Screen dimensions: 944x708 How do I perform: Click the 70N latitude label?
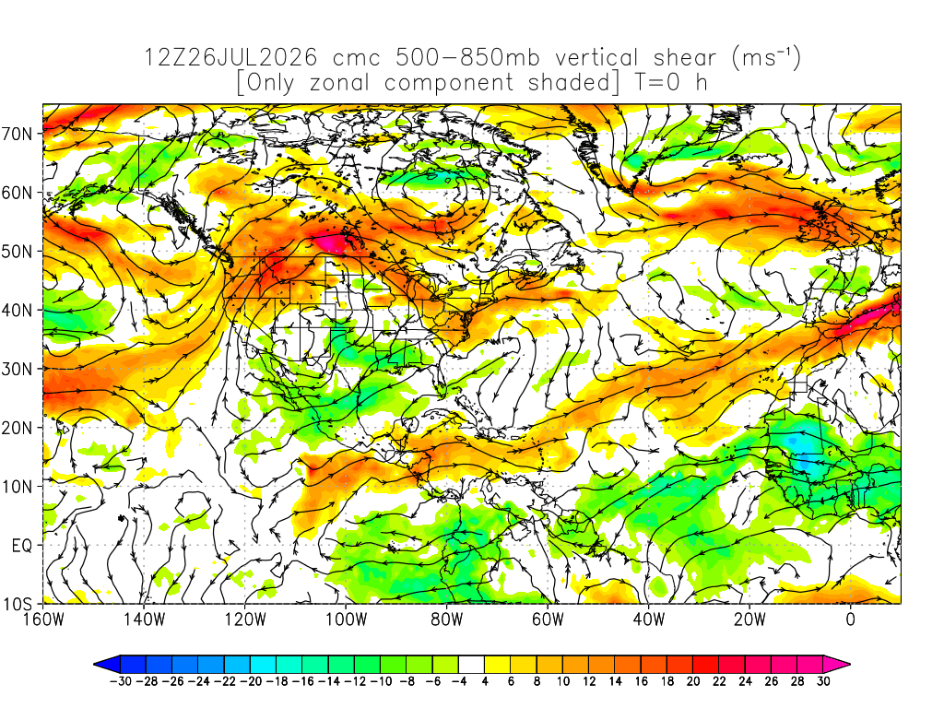pyautogui.click(x=17, y=134)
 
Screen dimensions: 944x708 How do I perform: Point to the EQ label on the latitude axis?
pyautogui.click(x=22, y=546)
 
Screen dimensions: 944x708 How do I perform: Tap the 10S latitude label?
pyautogui.click(x=17, y=604)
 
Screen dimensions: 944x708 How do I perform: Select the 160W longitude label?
pyautogui.click(x=43, y=619)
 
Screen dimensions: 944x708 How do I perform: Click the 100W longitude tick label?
pyautogui.click(x=347, y=619)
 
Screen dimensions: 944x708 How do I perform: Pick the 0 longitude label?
pyautogui.click(x=851, y=619)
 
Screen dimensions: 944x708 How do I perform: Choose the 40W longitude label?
pyautogui.click(x=649, y=619)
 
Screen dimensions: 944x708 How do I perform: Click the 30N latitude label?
pyautogui.click(x=17, y=369)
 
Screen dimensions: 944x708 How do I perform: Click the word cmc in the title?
pyautogui.click(x=357, y=58)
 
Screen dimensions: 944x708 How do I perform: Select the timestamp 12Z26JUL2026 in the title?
pyautogui.click(x=230, y=58)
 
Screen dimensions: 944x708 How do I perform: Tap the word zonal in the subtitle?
pyautogui.click(x=339, y=82)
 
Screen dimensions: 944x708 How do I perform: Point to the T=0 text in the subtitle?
pyautogui.click(x=656, y=82)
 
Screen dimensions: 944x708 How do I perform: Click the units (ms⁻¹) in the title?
pyautogui.click(x=766, y=58)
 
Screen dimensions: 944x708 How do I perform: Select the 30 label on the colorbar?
pyautogui.click(x=823, y=681)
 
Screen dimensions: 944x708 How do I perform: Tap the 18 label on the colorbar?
pyautogui.click(x=667, y=681)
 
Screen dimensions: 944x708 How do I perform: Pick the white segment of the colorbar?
pyautogui.click(x=471, y=665)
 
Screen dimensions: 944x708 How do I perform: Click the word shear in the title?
pyautogui.click(x=685, y=58)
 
